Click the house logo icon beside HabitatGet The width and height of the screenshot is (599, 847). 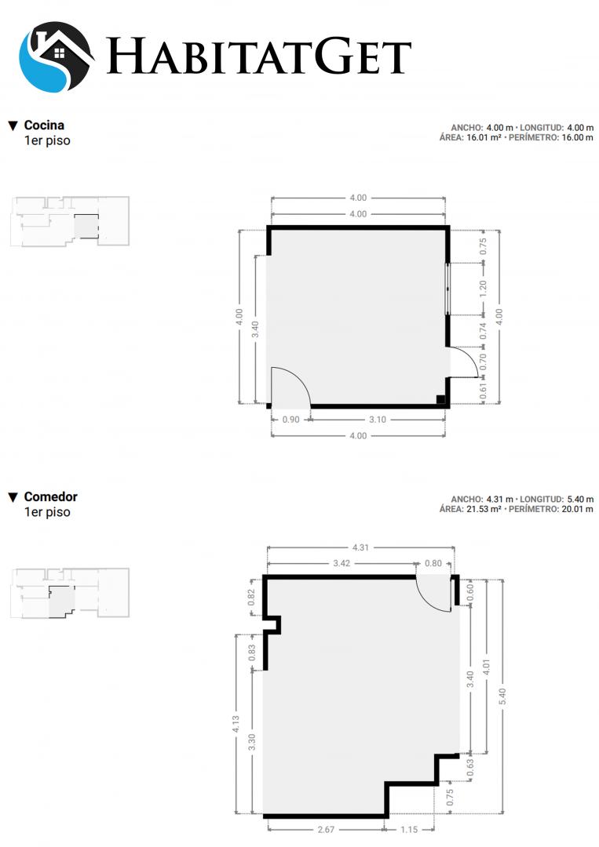pyautogui.click(x=57, y=56)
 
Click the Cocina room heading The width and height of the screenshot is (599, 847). pyautogui.click(x=44, y=125)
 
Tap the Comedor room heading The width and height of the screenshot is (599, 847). pyautogui.click(x=51, y=497)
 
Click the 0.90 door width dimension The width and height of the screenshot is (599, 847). pyautogui.click(x=290, y=419)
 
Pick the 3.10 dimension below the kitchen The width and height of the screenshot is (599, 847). pyautogui.click(x=378, y=419)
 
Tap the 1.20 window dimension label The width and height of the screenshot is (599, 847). pyautogui.click(x=484, y=289)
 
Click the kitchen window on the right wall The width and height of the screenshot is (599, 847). pyautogui.click(x=447, y=289)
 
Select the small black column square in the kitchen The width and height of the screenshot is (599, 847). pyautogui.click(x=440, y=400)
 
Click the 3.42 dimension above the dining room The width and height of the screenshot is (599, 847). pyautogui.click(x=342, y=563)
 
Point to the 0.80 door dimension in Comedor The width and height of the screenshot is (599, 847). pyautogui.click(x=433, y=563)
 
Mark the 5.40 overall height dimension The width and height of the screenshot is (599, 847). pyautogui.click(x=502, y=696)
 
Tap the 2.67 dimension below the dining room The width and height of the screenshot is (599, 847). pyautogui.click(x=326, y=829)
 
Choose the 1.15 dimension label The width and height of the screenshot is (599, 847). pyautogui.click(x=409, y=829)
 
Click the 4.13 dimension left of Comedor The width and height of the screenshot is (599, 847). pyautogui.click(x=236, y=725)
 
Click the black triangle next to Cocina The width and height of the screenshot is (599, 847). pyautogui.click(x=13, y=125)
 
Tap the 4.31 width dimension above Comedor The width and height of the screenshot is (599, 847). pyautogui.click(x=360, y=547)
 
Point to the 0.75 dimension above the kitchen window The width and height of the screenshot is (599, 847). pyautogui.click(x=484, y=246)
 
